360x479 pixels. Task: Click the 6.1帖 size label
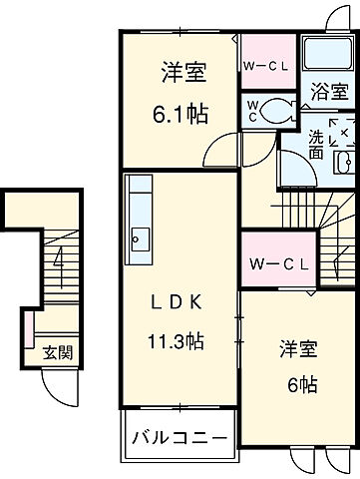180,114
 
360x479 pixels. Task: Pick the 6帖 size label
295,384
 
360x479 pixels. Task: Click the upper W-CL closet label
267,66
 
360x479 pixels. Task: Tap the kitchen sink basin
139,239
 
